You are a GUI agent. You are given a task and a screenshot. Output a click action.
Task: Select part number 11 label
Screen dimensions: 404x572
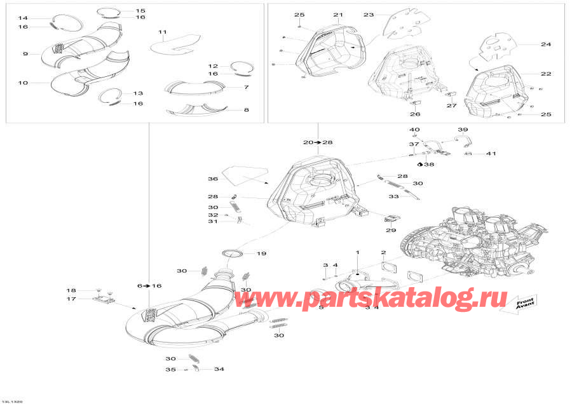point(162,32)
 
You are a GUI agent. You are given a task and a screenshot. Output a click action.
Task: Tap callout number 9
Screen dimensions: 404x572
point(25,54)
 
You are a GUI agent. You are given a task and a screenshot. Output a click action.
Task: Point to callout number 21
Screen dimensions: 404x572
point(337,15)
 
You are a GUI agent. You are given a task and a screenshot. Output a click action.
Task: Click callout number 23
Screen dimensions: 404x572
point(369,15)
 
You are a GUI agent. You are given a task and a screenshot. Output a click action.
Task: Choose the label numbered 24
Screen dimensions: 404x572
point(546,44)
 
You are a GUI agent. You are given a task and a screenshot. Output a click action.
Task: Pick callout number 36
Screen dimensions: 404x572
point(214,178)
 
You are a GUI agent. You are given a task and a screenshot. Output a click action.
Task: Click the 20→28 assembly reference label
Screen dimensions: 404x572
point(318,142)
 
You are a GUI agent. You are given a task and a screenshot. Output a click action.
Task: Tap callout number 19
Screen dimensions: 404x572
point(261,254)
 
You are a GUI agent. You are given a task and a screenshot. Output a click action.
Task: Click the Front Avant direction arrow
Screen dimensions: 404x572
point(516,304)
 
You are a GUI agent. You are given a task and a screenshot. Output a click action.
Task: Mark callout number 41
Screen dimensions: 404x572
point(490,154)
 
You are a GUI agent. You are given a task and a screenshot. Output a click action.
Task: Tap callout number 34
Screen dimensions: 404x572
point(219,369)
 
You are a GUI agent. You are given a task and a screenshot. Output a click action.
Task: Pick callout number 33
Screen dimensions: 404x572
point(393,196)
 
